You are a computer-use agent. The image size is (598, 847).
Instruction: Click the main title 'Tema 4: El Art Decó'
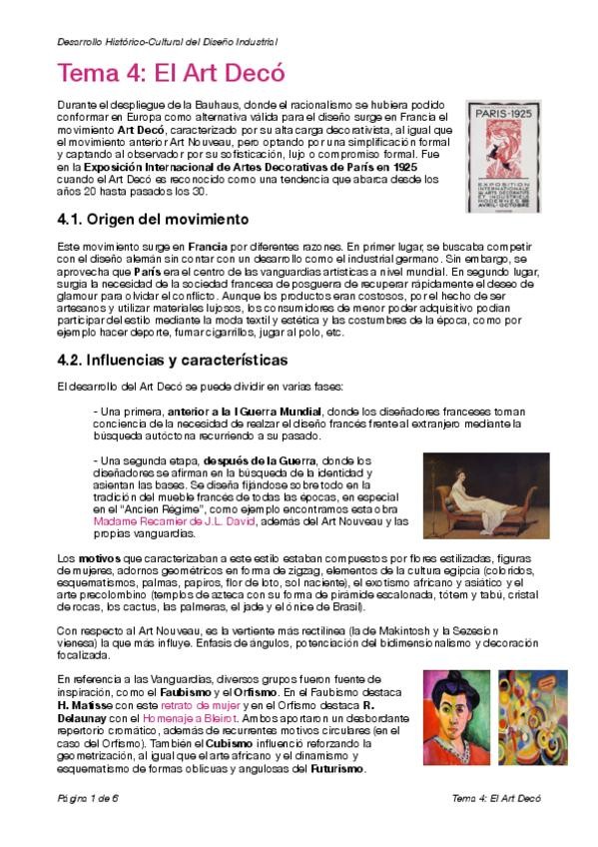171,74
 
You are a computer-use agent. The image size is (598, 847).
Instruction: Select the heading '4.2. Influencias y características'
173,360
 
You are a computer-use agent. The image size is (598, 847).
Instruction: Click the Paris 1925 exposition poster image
502,156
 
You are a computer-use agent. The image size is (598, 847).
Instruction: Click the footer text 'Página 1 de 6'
87,799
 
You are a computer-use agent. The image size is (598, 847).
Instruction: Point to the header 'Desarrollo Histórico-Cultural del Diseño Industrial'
167,41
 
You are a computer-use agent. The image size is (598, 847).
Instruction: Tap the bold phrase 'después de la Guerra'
258,459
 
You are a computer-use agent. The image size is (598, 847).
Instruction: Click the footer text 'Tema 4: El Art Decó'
495,799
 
